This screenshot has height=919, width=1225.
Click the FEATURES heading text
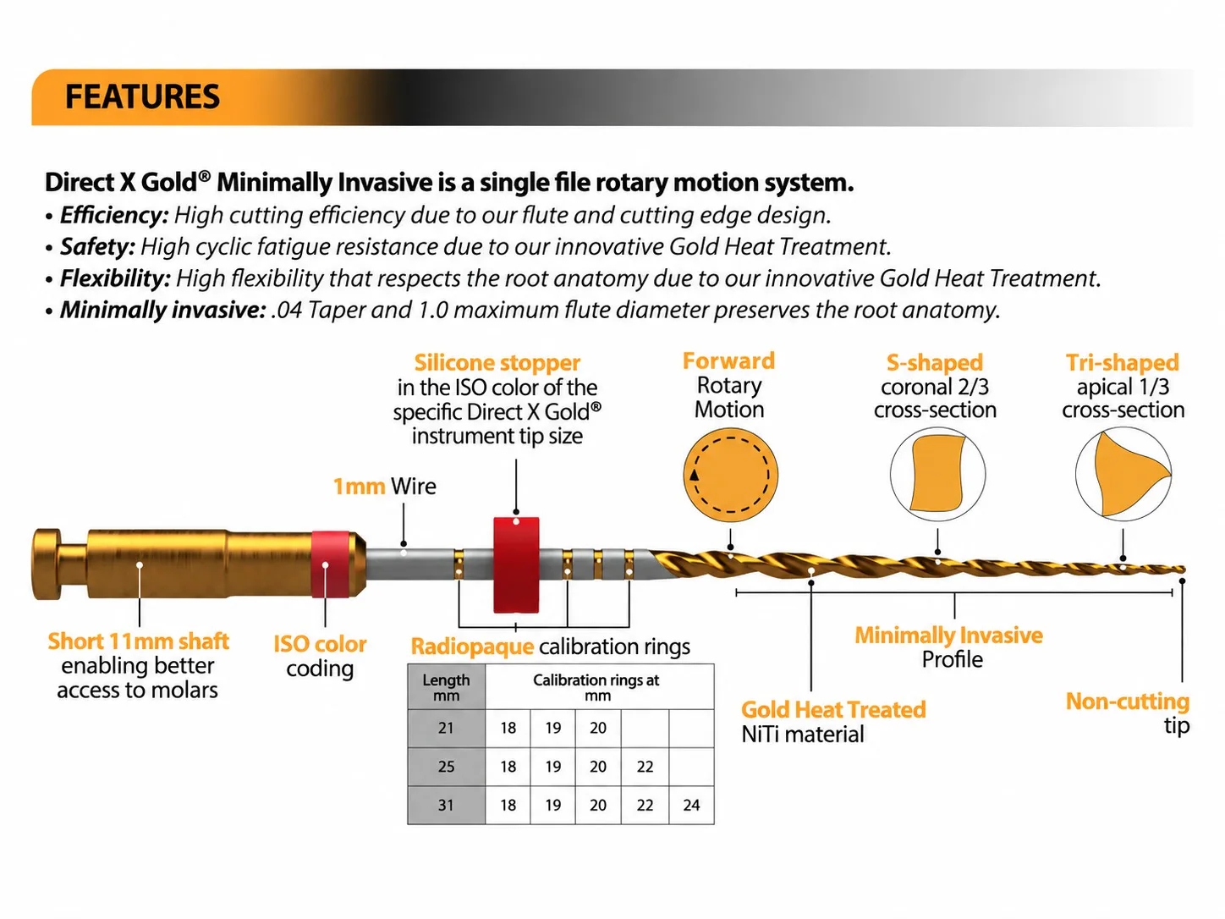click(142, 96)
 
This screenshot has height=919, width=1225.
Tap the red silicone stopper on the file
click(516, 564)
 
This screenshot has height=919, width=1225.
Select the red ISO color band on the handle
click(330, 564)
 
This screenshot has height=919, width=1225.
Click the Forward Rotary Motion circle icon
click(731, 475)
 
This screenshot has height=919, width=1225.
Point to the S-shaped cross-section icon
click(937, 474)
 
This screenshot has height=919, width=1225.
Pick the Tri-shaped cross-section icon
click(1123, 474)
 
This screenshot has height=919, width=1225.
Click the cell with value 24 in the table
click(691, 805)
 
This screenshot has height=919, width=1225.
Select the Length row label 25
click(446, 767)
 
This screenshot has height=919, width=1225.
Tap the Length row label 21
click(446, 728)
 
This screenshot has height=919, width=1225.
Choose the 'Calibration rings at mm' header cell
click(599, 687)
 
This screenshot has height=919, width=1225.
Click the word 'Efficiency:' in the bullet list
click(114, 216)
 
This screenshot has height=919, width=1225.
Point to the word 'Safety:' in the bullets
click(97, 246)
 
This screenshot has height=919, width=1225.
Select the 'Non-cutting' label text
click(1128, 702)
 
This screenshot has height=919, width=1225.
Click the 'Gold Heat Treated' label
click(833, 710)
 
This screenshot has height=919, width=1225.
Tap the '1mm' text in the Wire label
click(359, 487)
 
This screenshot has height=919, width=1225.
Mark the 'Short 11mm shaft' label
click(139, 641)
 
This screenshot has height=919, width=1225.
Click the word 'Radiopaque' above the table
click(472, 647)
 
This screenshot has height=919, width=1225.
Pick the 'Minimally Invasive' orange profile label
click(948, 636)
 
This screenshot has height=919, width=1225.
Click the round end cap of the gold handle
click(47, 564)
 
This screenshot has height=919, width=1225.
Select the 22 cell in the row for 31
click(645, 805)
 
